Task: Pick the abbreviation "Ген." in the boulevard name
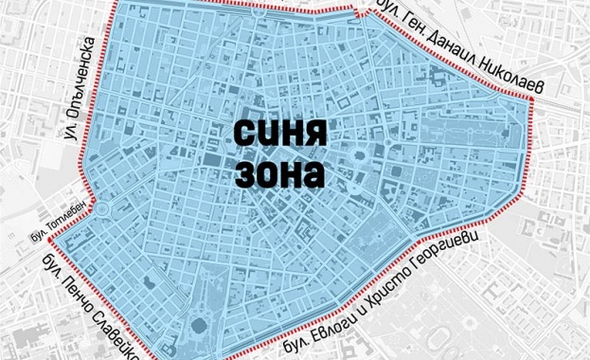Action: tap(413, 27)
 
